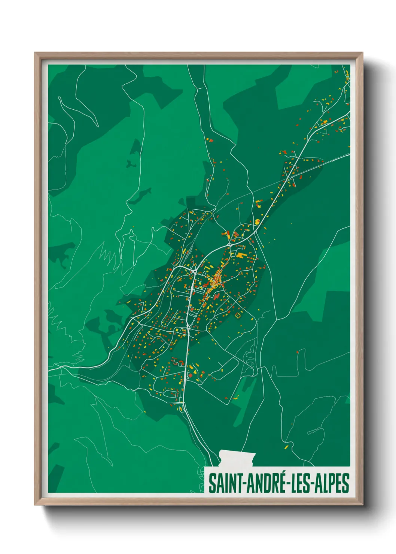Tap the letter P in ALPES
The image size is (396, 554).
(333, 483)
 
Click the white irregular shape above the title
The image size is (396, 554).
(237, 458)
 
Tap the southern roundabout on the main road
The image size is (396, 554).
(188, 327)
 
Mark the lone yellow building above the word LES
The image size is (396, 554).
(286, 447)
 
